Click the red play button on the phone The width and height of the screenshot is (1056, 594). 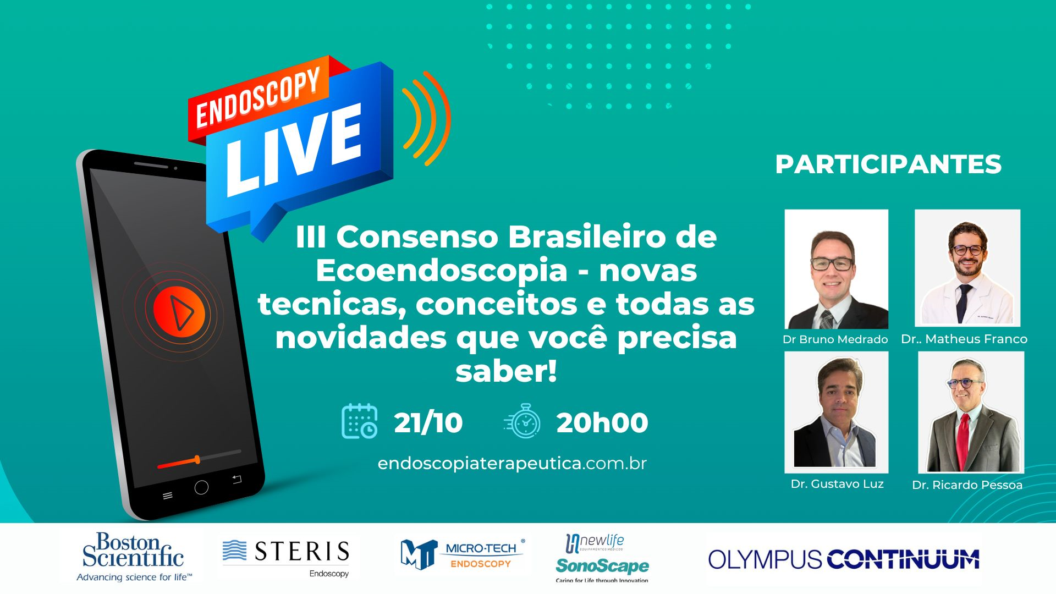[179, 312]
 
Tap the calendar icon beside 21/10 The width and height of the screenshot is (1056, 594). [360, 421]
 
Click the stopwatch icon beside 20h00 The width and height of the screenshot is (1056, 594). [522, 421]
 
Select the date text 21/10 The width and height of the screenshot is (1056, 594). [428, 423]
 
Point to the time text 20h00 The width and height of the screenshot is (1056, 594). [602, 423]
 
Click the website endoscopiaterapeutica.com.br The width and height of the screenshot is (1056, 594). [512, 464]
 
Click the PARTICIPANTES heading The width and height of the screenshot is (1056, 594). [888, 164]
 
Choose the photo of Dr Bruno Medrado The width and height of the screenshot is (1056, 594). [837, 269]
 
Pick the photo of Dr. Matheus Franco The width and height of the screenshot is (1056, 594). [967, 268]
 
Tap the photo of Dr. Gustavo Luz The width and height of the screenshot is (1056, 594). [837, 413]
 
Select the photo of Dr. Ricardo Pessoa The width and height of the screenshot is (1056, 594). [971, 413]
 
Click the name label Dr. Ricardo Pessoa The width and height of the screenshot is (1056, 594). [967, 485]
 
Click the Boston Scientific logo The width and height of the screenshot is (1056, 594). [134, 557]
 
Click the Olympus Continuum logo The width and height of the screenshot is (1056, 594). [844, 559]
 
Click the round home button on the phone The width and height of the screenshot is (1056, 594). [201, 487]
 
